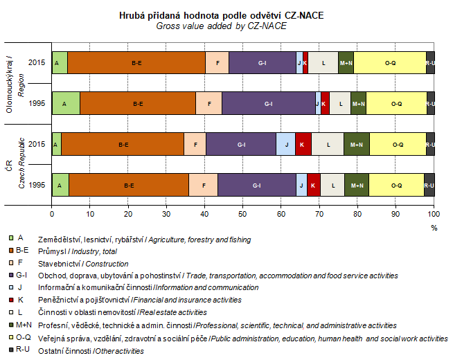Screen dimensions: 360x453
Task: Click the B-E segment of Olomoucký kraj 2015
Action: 136,62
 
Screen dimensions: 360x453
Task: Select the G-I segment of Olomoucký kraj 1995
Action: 268,103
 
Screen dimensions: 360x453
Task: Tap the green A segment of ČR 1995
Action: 60,185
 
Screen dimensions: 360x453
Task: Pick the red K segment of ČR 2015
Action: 303,144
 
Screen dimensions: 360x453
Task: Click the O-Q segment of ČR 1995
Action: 396,185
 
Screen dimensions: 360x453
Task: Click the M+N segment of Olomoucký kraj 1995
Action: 358,103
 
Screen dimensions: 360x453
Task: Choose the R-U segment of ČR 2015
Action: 430,144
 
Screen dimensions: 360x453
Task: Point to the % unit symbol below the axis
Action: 434,226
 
